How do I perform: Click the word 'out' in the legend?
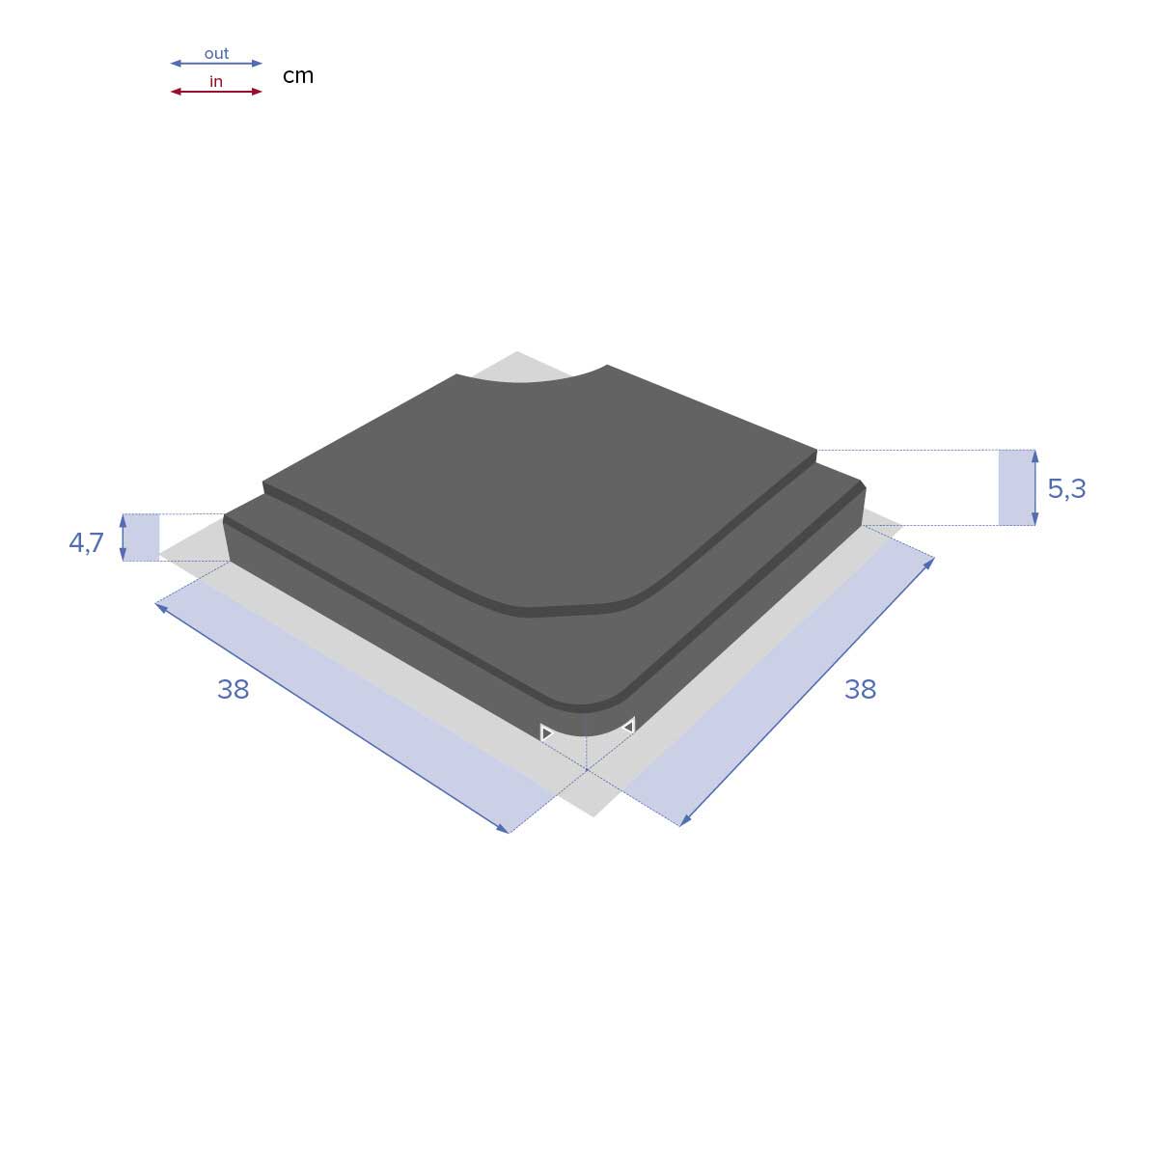[216, 53]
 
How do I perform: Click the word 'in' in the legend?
[216, 82]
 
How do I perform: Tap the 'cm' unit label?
[298, 75]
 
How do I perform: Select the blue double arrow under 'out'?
[216, 64]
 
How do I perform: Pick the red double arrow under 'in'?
[216, 92]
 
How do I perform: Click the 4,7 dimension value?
[86, 543]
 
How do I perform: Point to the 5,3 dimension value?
[1066, 489]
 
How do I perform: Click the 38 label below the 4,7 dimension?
[234, 689]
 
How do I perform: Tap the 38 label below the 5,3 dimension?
[860, 689]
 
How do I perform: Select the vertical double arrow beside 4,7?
[124, 537]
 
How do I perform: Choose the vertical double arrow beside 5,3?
[1034, 487]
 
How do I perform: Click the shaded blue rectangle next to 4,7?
[144, 537]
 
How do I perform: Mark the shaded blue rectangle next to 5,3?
[1016, 487]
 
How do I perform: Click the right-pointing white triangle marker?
[546, 733]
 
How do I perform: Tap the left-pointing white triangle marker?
[628, 725]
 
